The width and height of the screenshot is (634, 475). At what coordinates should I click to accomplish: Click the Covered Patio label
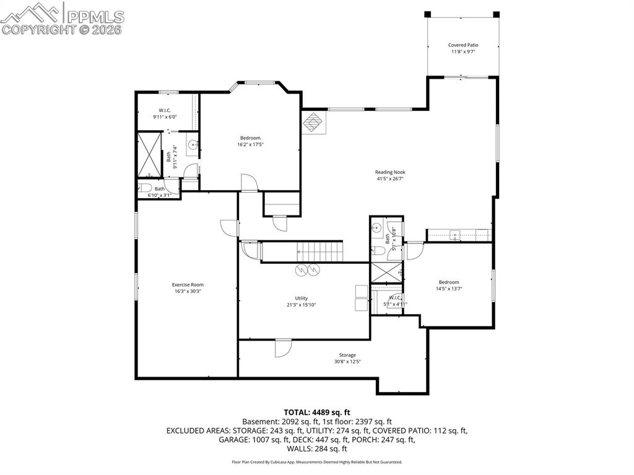[x=463, y=45]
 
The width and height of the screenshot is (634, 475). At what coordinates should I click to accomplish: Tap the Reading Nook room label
[x=390, y=172]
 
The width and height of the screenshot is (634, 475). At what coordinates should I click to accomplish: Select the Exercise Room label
[x=188, y=285]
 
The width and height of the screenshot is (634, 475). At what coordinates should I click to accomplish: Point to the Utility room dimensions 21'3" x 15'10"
[x=302, y=305]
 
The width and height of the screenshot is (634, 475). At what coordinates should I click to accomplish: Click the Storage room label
[x=347, y=355]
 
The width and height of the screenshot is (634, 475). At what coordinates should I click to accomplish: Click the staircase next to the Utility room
[x=320, y=252]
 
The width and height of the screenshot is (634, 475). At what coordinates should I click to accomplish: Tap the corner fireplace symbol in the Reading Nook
[x=314, y=122]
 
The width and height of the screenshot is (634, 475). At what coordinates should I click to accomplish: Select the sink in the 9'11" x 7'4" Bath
[x=193, y=146]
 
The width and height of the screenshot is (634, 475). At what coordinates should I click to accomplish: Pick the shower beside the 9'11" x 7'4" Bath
[x=149, y=153]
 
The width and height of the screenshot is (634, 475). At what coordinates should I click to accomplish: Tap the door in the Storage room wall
[x=283, y=347]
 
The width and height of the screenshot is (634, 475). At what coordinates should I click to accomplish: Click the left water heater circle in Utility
[x=302, y=269]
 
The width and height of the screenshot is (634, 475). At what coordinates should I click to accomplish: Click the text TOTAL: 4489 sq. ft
[x=317, y=412]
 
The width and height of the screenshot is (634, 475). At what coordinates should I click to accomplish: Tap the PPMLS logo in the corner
[x=63, y=17]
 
